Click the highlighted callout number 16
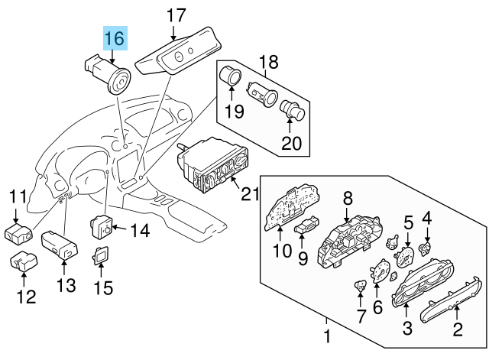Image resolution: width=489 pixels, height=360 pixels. click(118, 38)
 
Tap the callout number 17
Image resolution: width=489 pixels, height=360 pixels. click(175, 15)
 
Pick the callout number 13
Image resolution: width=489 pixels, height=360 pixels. click(66, 286)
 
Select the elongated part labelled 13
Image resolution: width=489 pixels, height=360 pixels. click(59, 243)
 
